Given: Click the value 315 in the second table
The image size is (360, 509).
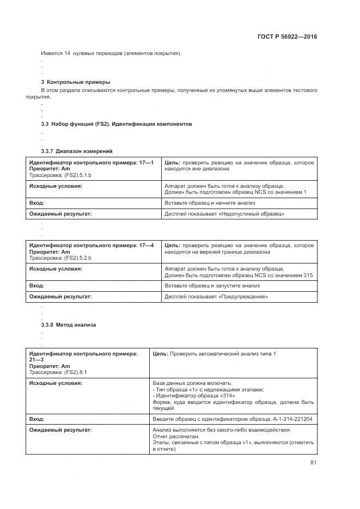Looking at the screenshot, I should pos(308,275).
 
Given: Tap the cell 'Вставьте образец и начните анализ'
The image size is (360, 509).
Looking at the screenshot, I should pos(209,203).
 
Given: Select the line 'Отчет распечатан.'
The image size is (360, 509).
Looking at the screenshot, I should pos(176,437).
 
